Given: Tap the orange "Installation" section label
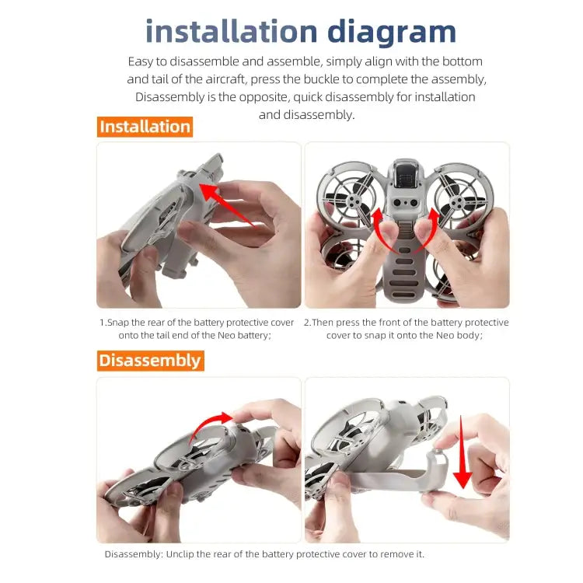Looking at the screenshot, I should (x=145, y=127).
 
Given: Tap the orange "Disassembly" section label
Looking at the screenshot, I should (x=149, y=361).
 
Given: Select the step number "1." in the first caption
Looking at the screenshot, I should (x=103, y=323).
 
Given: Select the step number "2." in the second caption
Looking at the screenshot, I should (x=307, y=323).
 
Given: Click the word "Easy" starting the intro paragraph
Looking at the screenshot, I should (x=142, y=61).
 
